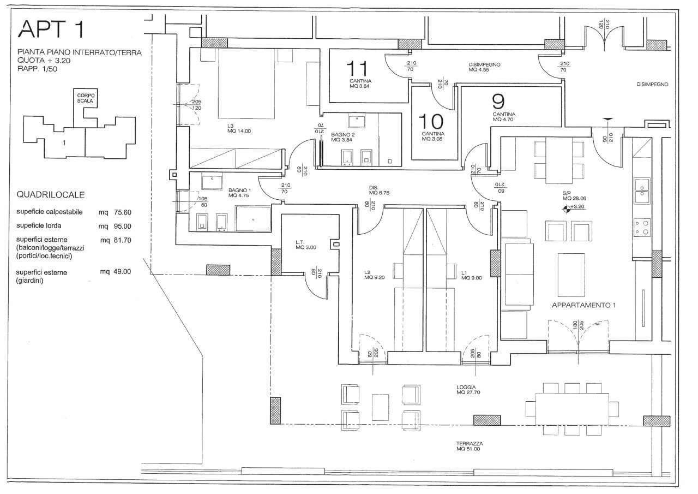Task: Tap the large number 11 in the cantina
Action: (x=358, y=69)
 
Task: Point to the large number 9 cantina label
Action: (x=498, y=102)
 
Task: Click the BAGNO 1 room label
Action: (x=240, y=192)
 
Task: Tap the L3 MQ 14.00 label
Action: (x=239, y=128)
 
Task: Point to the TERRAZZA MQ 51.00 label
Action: (x=469, y=446)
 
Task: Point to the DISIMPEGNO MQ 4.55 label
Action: (x=484, y=67)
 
